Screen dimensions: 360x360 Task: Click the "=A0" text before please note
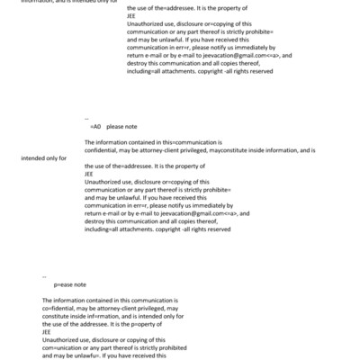point(96,127)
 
